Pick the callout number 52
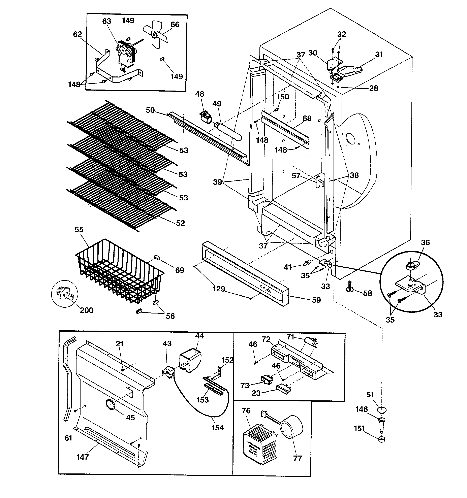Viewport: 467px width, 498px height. tap(180, 223)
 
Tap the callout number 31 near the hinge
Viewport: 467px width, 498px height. tap(379, 54)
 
